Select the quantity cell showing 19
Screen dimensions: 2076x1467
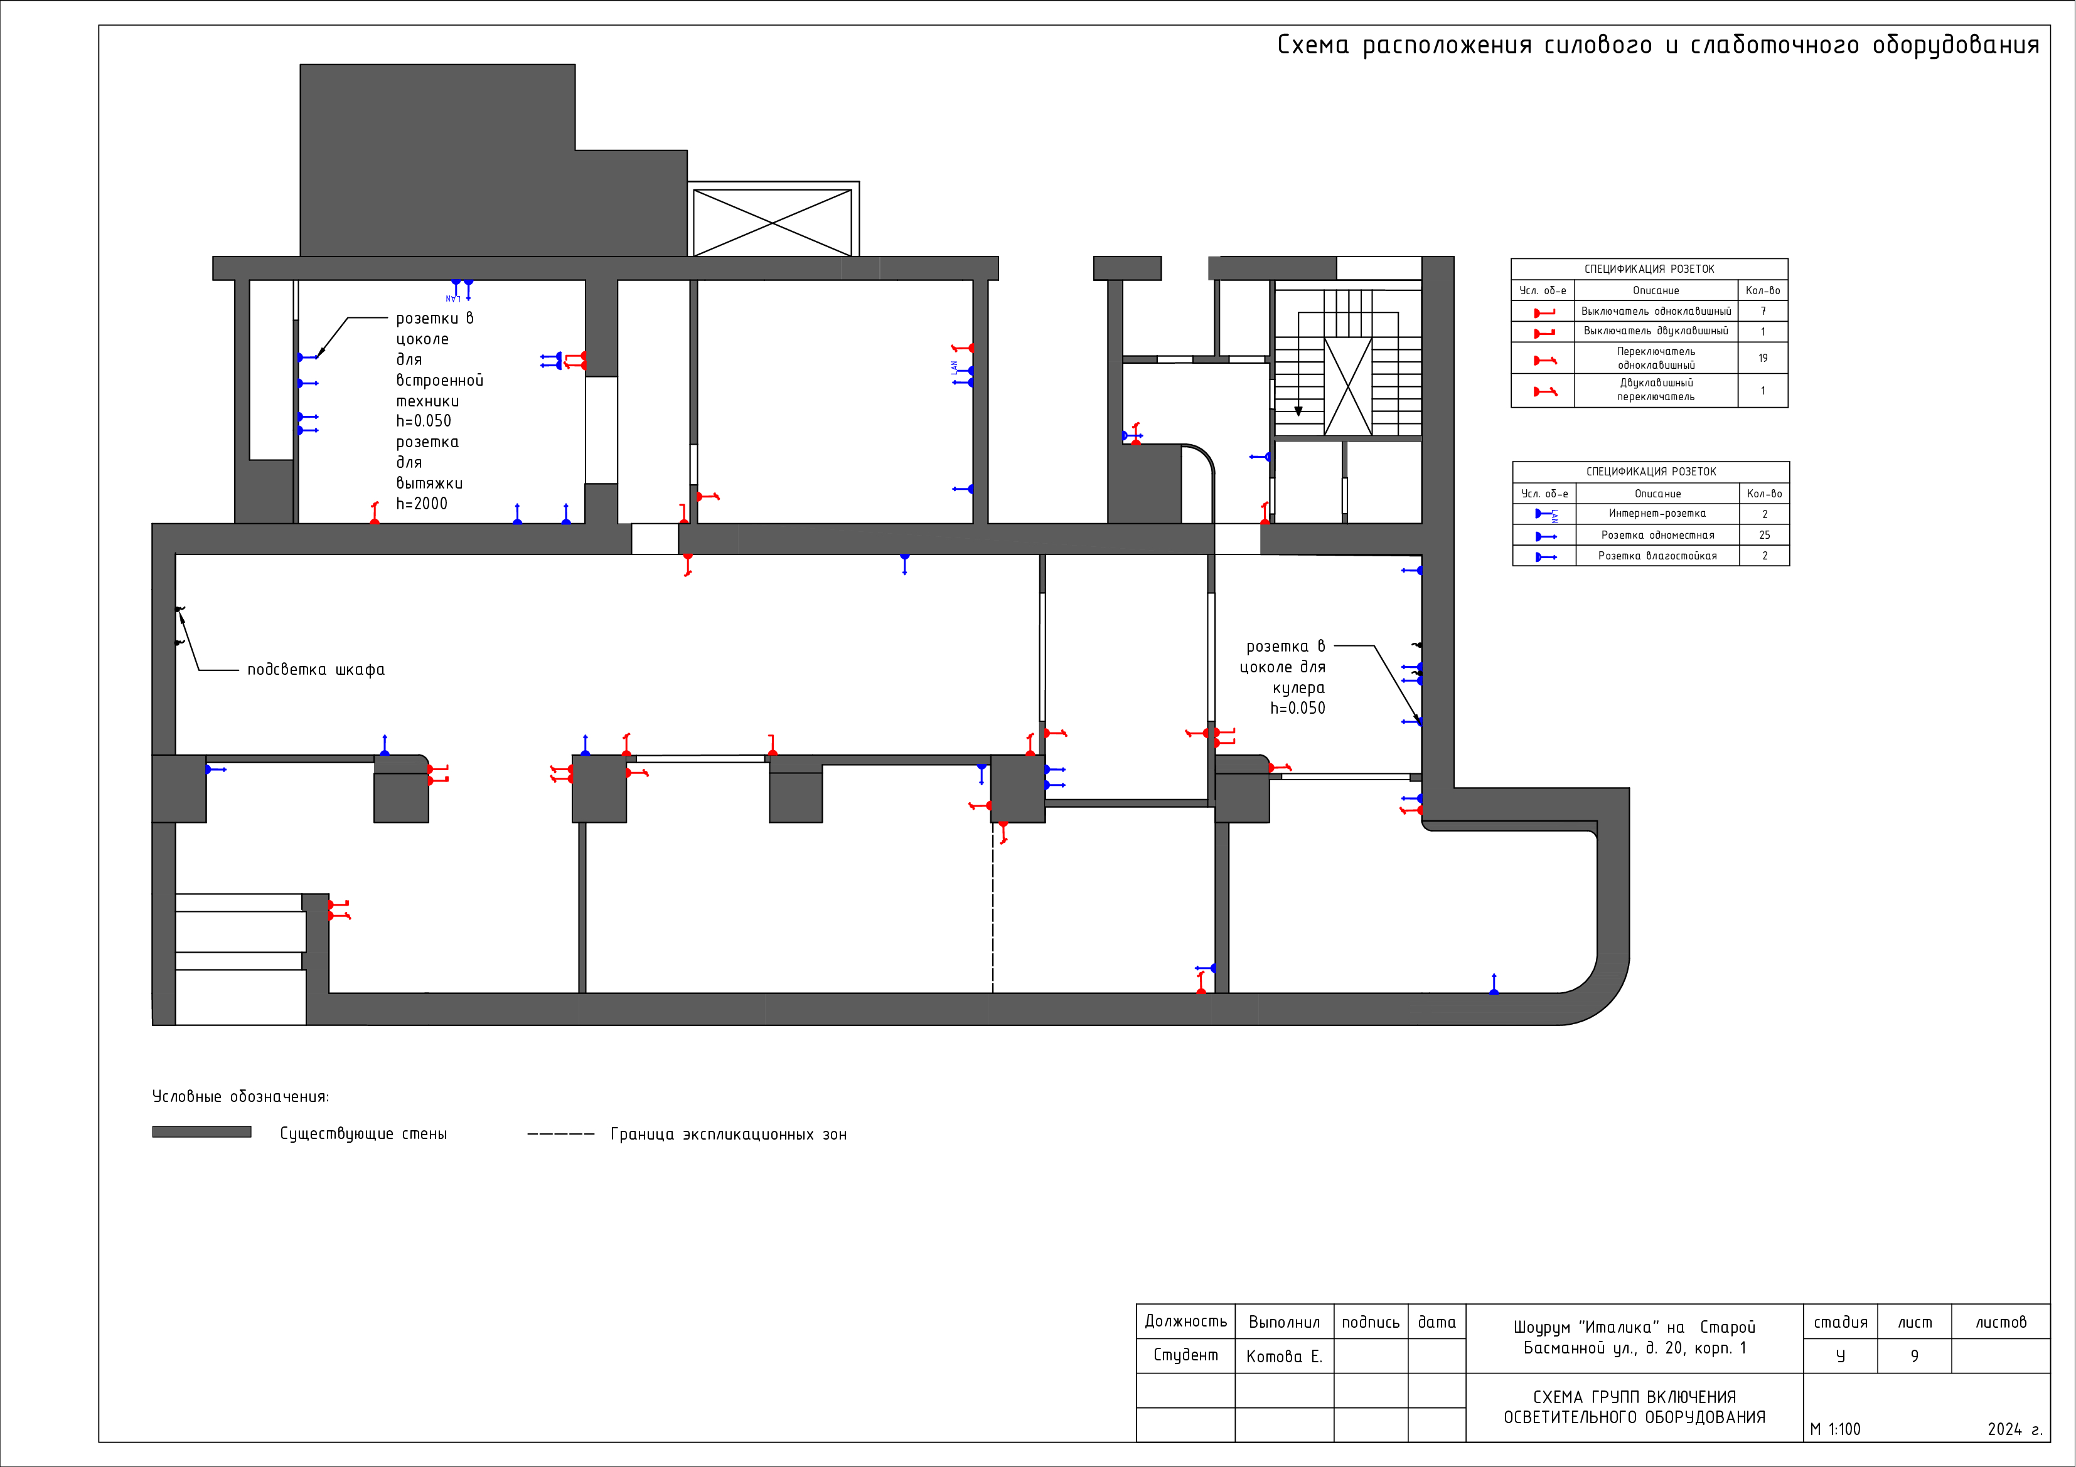pos(1762,358)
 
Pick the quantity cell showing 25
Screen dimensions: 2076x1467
pos(1764,535)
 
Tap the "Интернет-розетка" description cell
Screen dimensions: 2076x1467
pos(1657,514)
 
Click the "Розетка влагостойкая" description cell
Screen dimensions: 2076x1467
pos(1657,556)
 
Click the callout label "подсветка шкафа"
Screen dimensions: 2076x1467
pos(316,670)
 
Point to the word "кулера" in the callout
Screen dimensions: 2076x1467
pos(1298,689)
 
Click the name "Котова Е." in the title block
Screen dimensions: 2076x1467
pos(1284,1356)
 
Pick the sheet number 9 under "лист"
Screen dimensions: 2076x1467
pos(1914,1356)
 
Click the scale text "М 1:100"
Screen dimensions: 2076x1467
pos(1836,1429)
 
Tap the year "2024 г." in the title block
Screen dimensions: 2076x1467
pos(2014,1429)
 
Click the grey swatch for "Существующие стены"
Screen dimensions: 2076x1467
pos(201,1131)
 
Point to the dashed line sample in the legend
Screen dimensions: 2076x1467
pos(560,1133)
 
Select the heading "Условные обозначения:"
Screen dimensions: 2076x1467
pos(240,1096)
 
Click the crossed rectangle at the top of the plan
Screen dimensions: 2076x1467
pos(772,223)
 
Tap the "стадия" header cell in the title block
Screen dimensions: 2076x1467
pos(1840,1321)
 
